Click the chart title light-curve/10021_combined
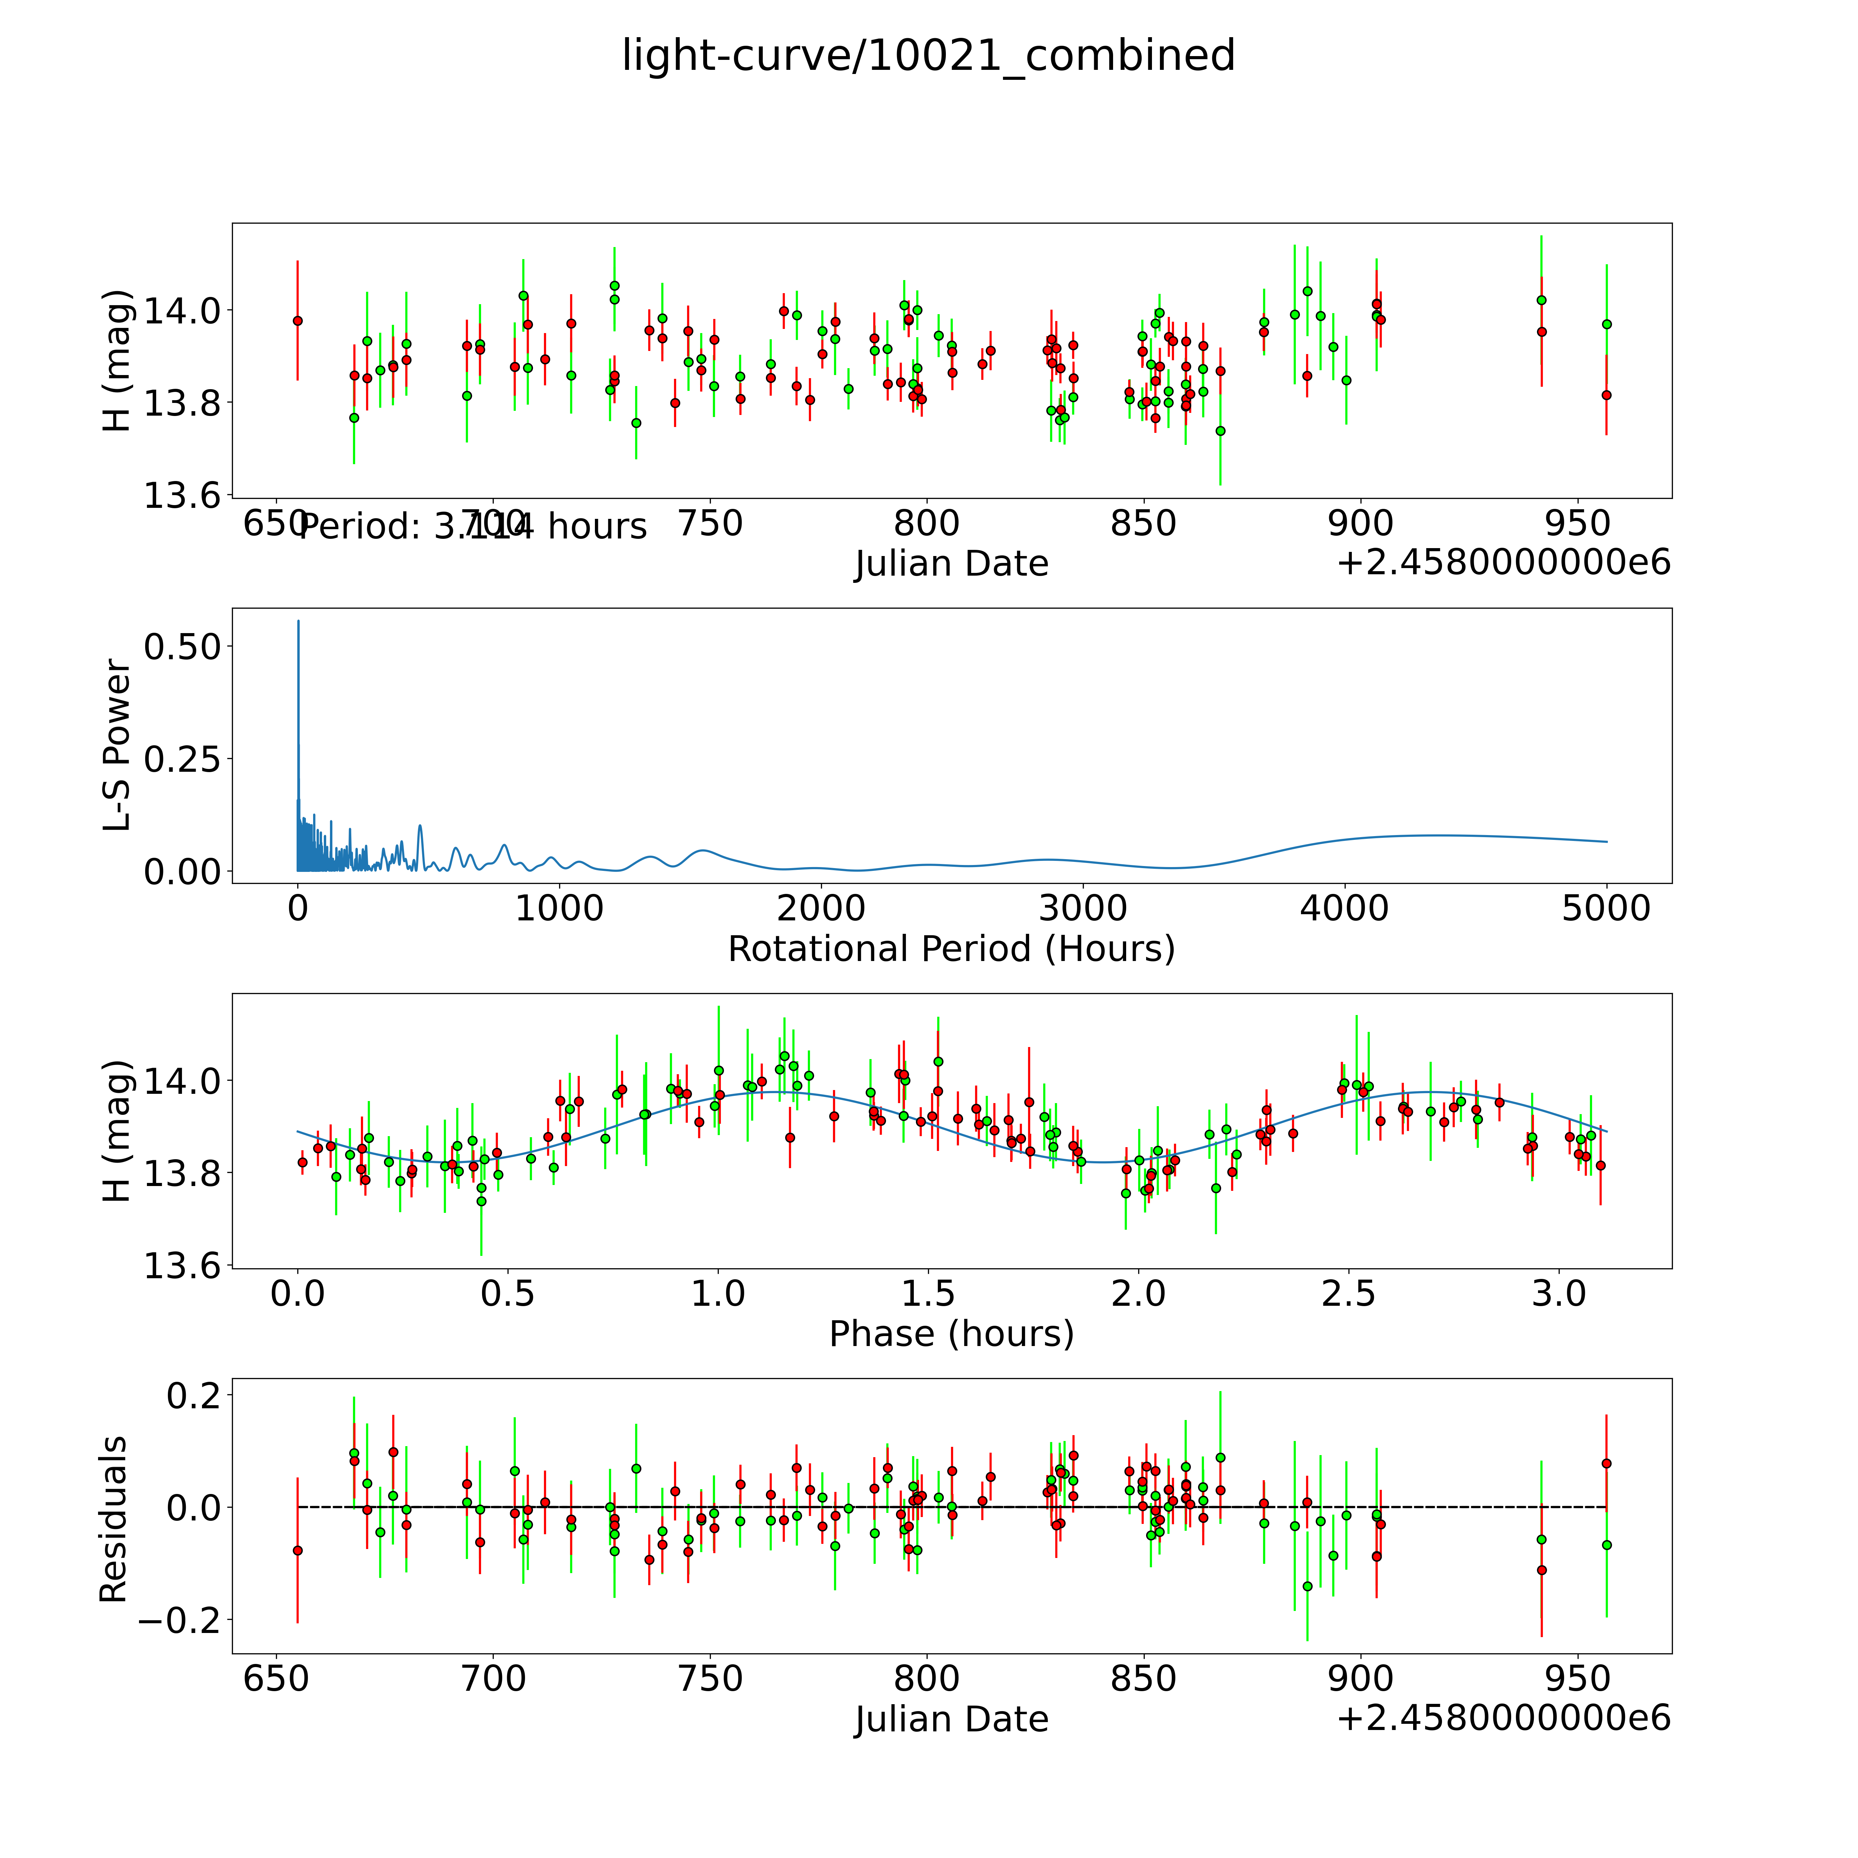pos(928,56)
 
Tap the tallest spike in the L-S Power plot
pos(298,623)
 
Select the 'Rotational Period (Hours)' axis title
pos(951,949)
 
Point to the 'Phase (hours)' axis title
pos(951,1334)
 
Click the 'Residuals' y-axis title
pos(114,1518)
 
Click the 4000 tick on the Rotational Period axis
pos(1344,909)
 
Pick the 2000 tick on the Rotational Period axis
pos(821,909)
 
